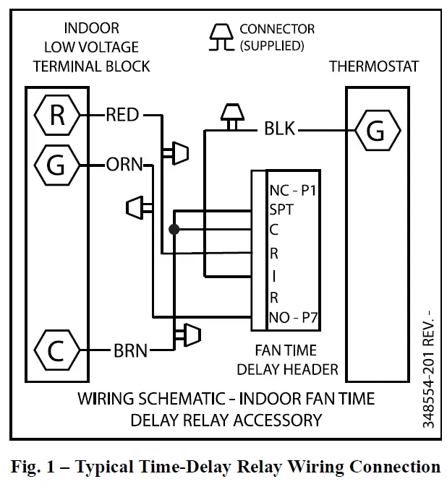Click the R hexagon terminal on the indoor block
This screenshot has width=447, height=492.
tap(56, 115)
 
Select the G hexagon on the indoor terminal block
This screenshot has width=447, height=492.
tap(56, 165)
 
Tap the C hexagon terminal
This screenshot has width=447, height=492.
tap(56, 350)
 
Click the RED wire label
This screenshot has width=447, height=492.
tap(122, 115)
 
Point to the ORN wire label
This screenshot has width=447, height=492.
tap(124, 165)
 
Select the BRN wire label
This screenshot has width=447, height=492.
tap(130, 351)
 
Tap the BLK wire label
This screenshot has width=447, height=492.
tap(279, 130)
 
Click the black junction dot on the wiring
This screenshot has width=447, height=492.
tap(174, 230)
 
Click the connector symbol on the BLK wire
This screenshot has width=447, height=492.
tap(232, 116)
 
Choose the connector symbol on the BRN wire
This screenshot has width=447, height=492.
tap(190, 334)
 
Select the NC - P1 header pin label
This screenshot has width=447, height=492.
tap(293, 191)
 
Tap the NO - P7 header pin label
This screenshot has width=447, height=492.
tap(294, 318)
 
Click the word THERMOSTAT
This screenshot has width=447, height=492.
tap(374, 66)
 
